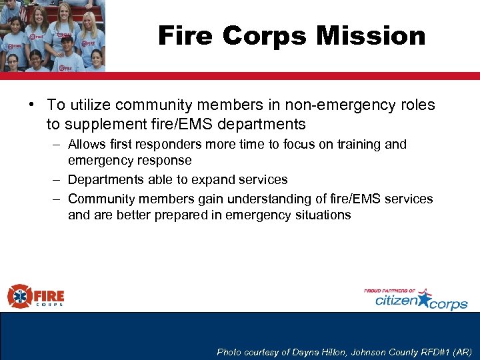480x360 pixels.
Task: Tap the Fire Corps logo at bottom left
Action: pyautogui.click(x=36, y=296)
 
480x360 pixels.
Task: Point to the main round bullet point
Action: pyautogui.click(x=32, y=105)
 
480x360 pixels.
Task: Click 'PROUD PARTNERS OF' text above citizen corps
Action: pyautogui.click(x=390, y=291)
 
